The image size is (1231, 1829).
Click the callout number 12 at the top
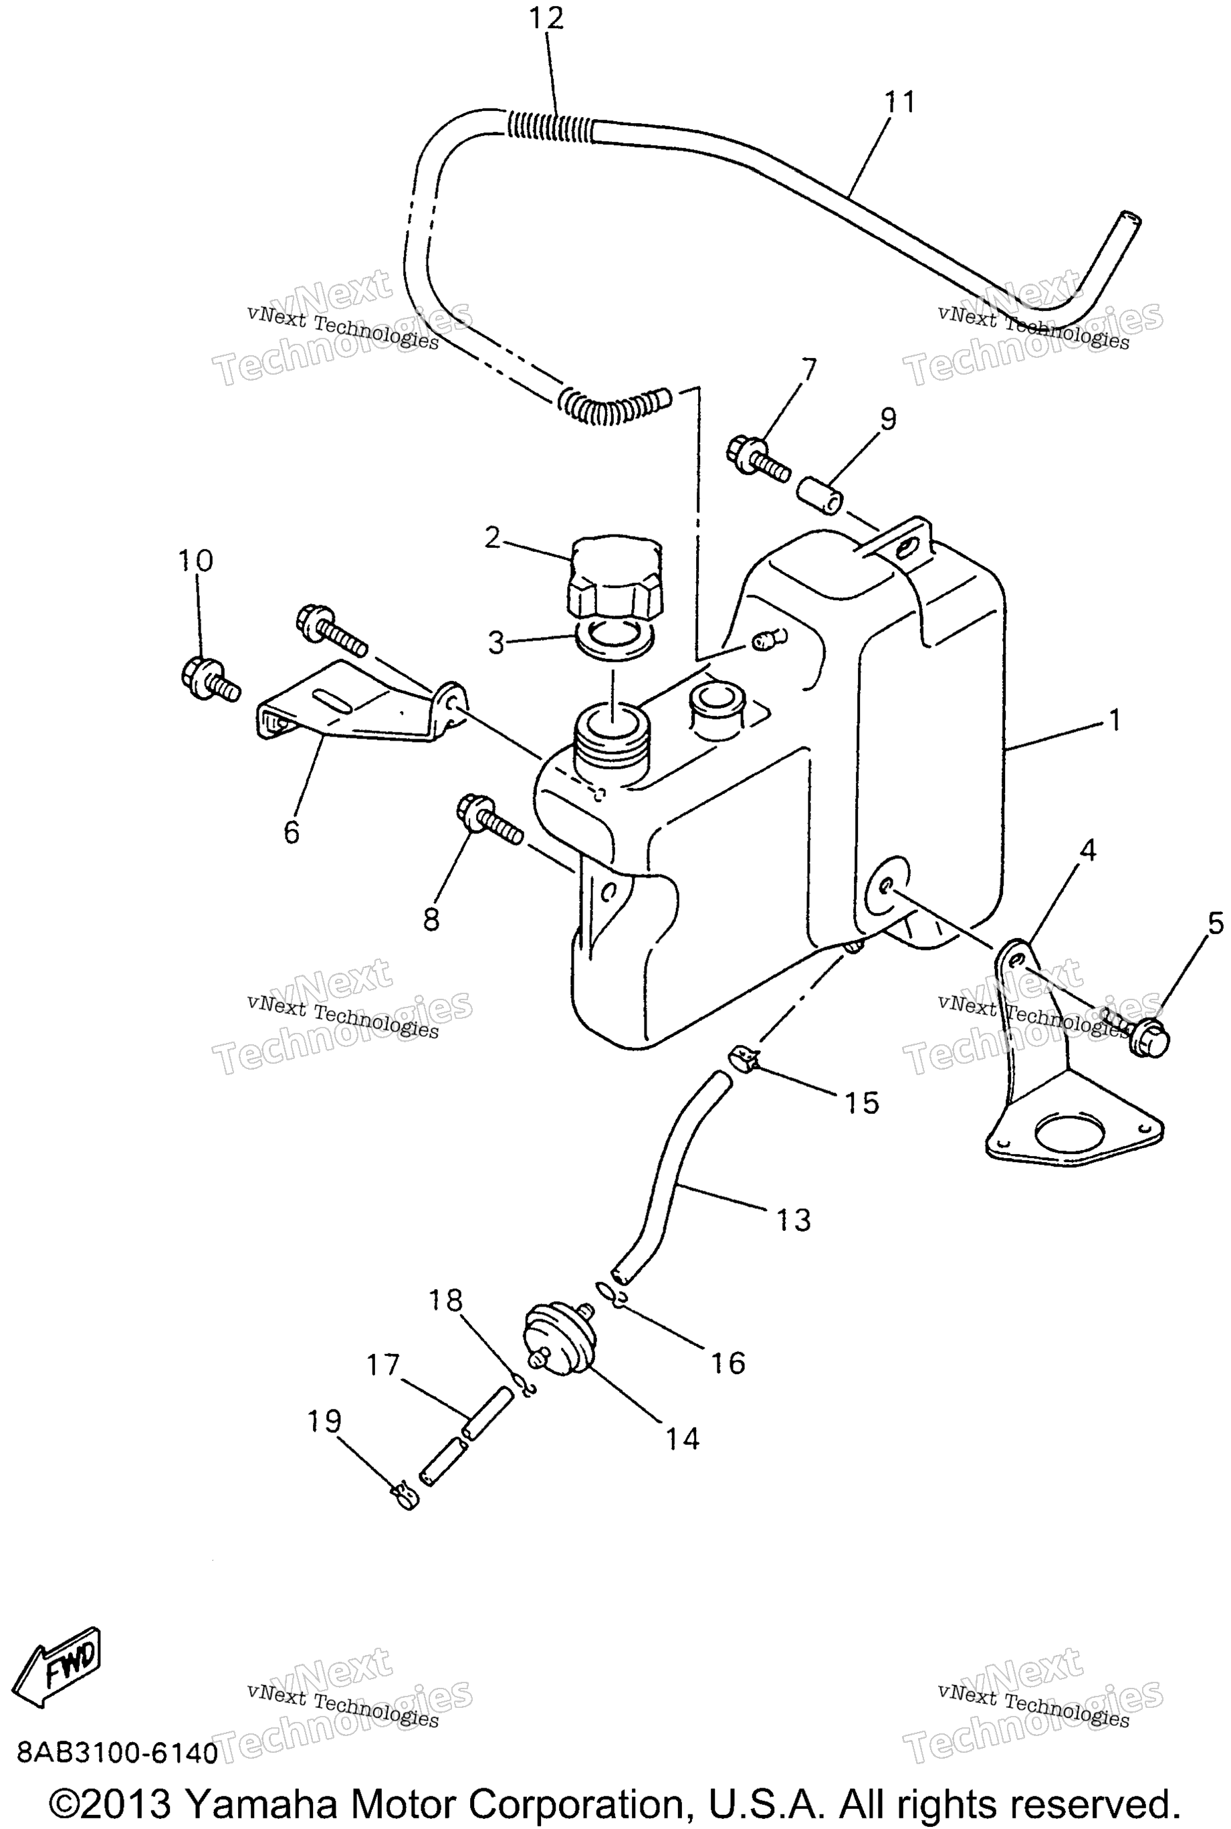(546, 18)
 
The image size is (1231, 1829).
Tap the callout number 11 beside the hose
(900, 102)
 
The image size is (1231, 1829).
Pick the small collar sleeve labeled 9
(821, 496)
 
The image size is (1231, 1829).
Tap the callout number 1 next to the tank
(1115, 719)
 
